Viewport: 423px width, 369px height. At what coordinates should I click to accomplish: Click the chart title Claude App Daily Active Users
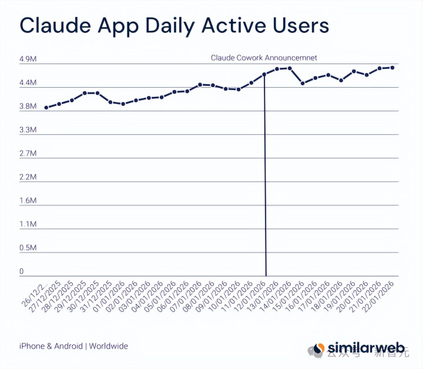(174, 26)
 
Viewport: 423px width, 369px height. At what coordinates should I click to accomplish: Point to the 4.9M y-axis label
(29, 60)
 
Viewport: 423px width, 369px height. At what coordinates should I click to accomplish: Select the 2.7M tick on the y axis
(29, 154)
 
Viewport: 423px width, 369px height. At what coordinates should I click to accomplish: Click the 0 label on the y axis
(22, 272)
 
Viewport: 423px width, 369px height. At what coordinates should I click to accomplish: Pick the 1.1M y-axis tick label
(29, 224)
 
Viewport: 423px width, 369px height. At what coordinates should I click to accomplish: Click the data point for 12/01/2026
(264, 74)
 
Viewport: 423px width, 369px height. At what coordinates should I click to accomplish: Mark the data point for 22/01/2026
(392, 68)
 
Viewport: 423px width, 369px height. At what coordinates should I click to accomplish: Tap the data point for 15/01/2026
(303, 84)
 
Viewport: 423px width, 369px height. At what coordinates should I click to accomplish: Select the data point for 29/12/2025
(85, 93)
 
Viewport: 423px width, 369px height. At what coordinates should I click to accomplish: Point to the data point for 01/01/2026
(123, 104)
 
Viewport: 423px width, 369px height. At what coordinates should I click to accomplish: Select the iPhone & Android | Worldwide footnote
(73, 346)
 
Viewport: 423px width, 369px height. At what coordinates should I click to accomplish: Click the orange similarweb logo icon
(318, 348)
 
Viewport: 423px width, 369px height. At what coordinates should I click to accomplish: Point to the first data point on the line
(46, 108)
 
